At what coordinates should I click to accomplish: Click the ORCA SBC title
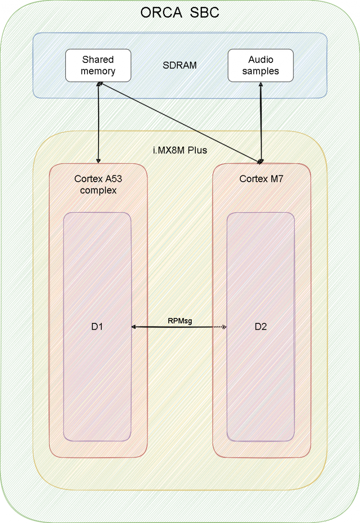(180, 12)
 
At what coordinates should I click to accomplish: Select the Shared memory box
(98, 65)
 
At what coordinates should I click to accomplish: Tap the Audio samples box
(261, 65)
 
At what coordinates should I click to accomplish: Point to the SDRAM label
(180, 65)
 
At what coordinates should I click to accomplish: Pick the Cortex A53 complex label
(98, 184)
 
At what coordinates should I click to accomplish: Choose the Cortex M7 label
(261, 179)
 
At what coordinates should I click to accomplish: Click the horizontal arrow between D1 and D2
(179, 327)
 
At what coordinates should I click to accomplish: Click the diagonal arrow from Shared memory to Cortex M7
(180, 122)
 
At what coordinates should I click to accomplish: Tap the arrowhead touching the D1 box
(134, 327)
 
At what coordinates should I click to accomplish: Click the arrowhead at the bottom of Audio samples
(261, 85)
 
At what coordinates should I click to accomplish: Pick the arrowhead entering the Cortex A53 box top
(98, 161)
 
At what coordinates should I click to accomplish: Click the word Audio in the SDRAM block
(261, 59)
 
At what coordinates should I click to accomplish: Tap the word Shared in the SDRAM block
(98, 59)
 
